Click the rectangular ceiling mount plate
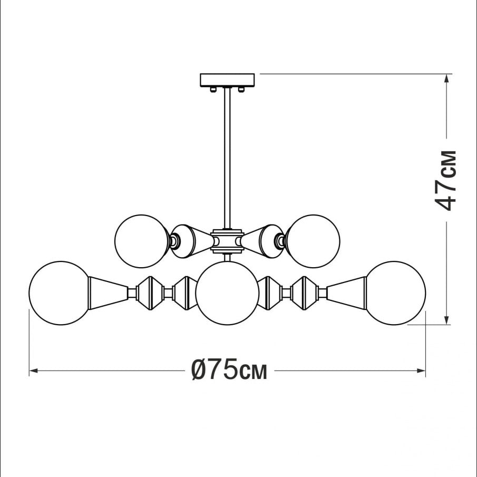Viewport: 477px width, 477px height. pyautogui.click(x=227, y=80)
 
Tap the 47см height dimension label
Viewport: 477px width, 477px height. pyautogui.click(x=446, y=180)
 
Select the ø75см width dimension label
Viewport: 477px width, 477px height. pyautogui.click(x=229, y=369)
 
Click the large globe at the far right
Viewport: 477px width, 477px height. pyautogui.click(x=395, y=293)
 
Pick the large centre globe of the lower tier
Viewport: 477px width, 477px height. pyautogui.click(x=227, y=293)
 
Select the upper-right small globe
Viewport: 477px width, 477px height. pyautogui.click(x=313, y=241)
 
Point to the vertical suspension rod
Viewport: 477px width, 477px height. pyautogui.click(x=227, y=158)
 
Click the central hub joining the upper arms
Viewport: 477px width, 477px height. pyautogui.click(x=227, y=241)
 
